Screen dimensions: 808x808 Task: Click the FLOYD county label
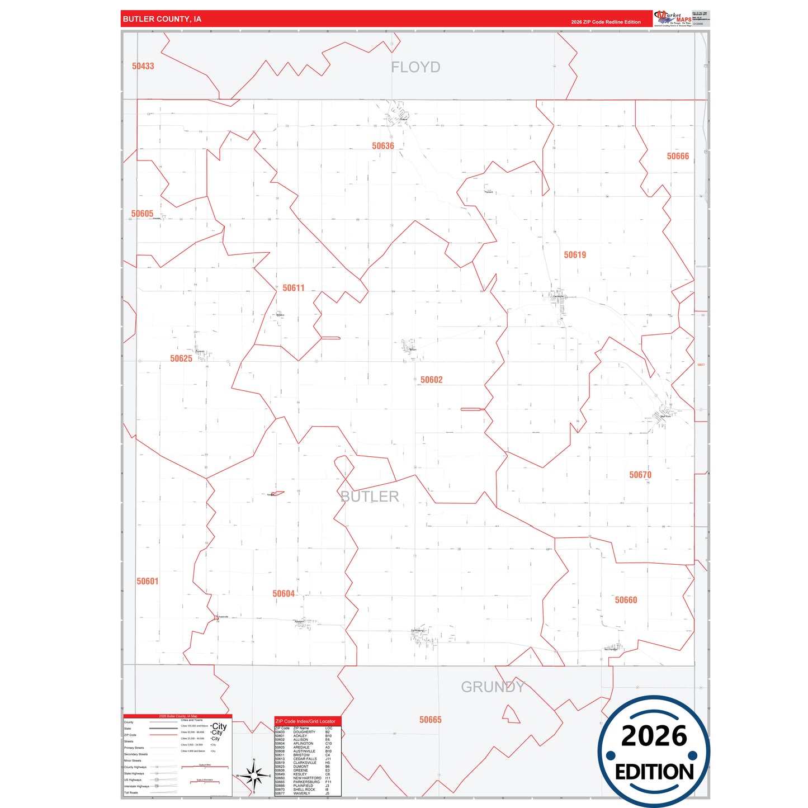pos(415,67)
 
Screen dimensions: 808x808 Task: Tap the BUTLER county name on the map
pos(370,497)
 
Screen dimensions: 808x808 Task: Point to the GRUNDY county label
pos(493,687)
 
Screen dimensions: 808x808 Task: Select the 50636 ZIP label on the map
pos(383,146)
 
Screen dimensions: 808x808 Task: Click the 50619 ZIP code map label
pos(575,255)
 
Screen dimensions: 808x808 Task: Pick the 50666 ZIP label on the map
pos(678,157)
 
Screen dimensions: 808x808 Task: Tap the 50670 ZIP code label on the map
pos(640,475)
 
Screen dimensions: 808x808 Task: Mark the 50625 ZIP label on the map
pos(181,358)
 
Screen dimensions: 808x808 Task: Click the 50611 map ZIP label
pos(294,288)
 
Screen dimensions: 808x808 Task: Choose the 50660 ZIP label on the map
pos(626,600)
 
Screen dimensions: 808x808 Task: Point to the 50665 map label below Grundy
pos(431,720)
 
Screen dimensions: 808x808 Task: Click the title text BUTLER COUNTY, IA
pos(162,19)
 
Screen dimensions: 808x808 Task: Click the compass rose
pos(254,776)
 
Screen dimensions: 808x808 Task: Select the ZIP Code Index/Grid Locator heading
pos(305,721)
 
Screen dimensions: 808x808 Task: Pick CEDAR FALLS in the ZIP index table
pos(305,759)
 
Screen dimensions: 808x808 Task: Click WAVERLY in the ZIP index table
pos(301,793)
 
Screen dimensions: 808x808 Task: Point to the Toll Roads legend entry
pos(131,792)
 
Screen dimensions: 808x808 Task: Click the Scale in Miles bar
pos(205,767)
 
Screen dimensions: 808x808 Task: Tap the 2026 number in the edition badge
pos(654,736)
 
